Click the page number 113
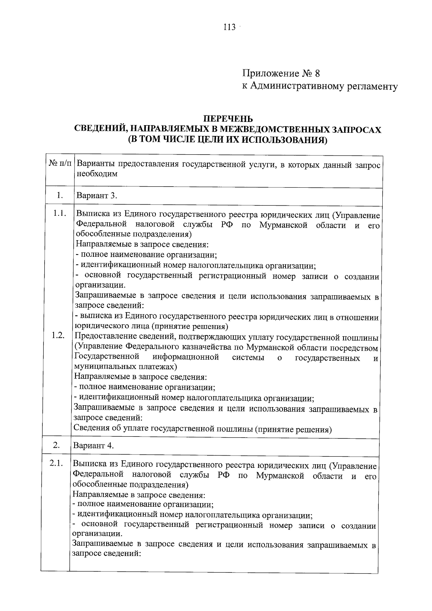tap(229, 27)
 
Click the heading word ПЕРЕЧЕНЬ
tap(228, 119)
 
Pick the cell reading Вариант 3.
tap(96, 196)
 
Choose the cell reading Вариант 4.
tap(94, 446)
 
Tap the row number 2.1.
tap(57, 463)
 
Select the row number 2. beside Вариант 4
tap(57, 445)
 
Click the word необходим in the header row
tap(97, 174)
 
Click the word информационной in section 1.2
tap(186, 357)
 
